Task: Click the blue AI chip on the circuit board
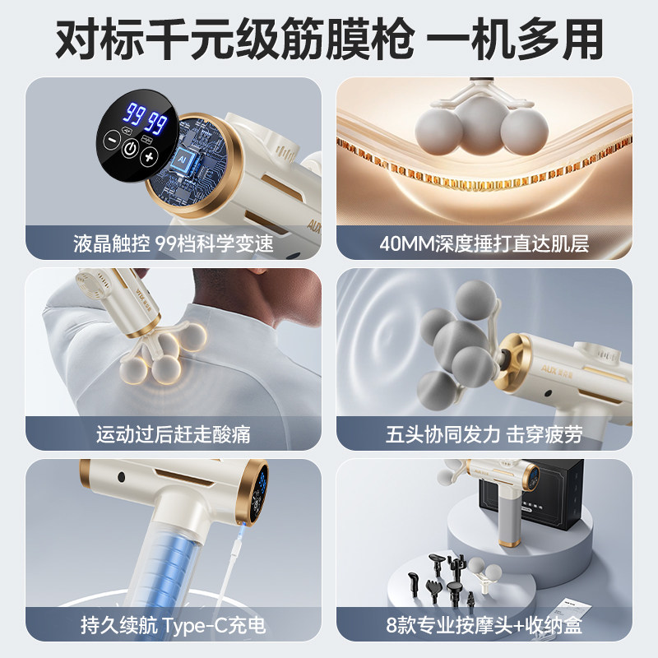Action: point(183,157)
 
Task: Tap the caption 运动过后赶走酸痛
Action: point(173,433)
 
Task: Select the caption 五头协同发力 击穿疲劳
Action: point(484,433)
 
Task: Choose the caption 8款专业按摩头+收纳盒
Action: point(484,625)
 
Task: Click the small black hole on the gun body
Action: point(123,476)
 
